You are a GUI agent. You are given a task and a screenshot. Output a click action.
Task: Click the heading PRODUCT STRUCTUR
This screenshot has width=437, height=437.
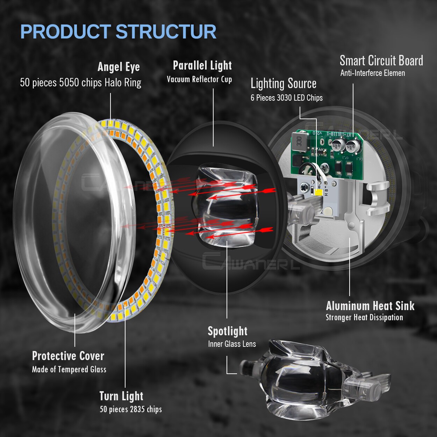[118, 32]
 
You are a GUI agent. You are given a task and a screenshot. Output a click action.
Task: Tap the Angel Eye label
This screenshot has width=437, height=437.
[119, 67]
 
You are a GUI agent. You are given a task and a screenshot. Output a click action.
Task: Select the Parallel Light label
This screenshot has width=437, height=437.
[202, 65]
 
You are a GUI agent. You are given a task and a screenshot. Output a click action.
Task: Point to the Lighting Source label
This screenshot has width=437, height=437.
[283, 84]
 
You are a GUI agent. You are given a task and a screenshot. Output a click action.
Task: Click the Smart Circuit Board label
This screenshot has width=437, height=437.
[381, 61]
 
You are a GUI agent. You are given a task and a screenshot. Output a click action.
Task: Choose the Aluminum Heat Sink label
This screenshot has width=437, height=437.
[370, 306]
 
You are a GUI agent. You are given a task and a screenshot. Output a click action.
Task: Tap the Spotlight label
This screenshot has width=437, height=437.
[227, 331]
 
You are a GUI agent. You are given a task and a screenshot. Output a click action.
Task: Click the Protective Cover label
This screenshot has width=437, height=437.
[68, 356]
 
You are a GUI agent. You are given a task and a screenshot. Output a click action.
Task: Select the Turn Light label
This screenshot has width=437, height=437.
[121, 396]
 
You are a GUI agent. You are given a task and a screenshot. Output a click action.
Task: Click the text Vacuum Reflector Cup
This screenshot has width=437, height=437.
[199, 79]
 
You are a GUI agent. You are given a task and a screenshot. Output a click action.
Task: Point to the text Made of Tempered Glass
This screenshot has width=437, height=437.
[69, 370]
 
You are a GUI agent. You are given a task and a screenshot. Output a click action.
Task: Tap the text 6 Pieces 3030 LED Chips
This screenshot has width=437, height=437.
[286, 98]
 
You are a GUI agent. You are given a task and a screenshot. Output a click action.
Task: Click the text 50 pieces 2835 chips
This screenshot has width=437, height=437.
[131, 409]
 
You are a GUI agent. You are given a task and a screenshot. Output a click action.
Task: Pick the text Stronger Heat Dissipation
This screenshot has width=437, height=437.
[364, 317]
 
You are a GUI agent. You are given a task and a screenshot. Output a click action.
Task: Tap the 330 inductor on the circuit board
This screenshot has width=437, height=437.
[299, 142]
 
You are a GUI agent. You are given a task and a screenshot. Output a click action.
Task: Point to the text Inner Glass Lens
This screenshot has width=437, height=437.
[232, 344]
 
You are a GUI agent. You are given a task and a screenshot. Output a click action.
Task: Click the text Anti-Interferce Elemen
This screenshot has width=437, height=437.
[372, 73]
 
